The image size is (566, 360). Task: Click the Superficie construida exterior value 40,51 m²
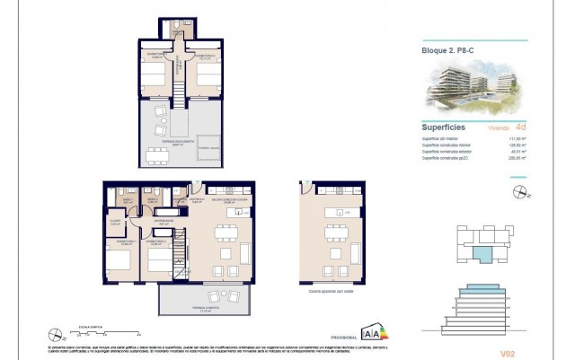(x=519, y=152)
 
